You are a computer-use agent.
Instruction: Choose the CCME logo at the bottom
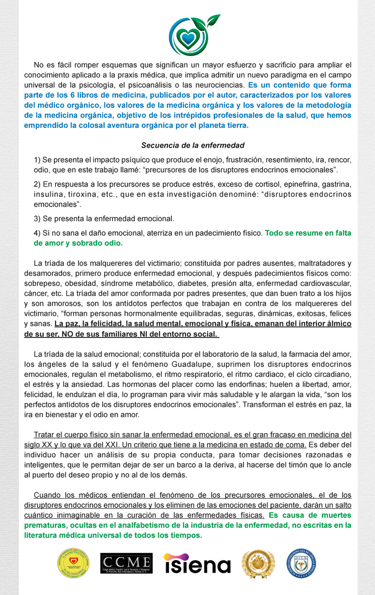pos(127,563)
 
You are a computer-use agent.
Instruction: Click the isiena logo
pos(197,564)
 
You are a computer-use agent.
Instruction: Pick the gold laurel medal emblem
pos(259,563)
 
